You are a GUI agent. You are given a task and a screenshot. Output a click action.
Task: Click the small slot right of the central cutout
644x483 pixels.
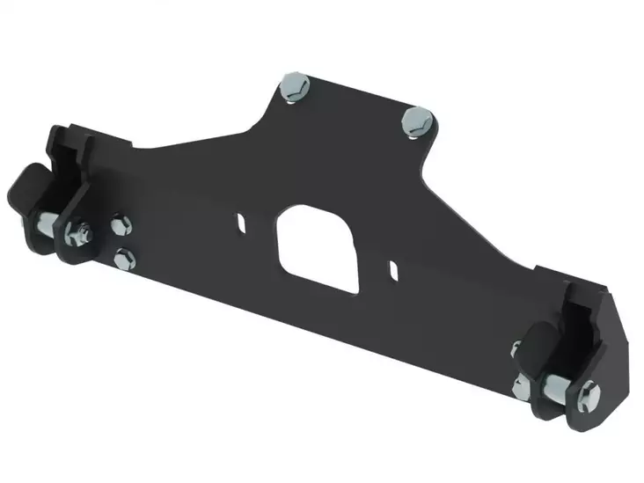tap(396, 264)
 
